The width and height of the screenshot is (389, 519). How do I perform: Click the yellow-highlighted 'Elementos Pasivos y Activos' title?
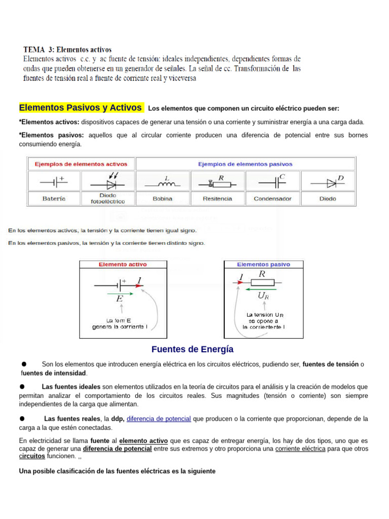tap(81, 108)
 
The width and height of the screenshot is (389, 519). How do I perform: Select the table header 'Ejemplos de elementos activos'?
tap(81, 164)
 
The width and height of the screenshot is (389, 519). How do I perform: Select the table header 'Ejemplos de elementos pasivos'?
tap(245, 164)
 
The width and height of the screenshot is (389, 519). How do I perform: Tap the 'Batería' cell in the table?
tap(54, 199)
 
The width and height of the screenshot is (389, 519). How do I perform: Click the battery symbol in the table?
tap(54, 181)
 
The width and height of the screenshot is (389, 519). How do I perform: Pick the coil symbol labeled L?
tap(163, 182)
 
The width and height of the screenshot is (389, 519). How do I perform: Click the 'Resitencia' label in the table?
tap(217, 199)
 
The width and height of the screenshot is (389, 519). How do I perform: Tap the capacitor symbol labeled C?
tap(273, 181)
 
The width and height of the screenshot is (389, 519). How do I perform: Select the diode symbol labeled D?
tap(327, 181)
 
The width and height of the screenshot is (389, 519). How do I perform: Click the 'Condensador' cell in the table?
tap(273, 199)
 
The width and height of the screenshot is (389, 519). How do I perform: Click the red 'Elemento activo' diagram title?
tap(123, 265)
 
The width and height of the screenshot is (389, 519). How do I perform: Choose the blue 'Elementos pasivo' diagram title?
tap(264, 265)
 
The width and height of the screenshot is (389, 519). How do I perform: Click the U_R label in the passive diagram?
tap(263, 296)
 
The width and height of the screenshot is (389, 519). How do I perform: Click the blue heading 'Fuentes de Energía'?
tap(192, 349)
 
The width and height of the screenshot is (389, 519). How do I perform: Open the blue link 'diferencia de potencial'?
tap(159, 419)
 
